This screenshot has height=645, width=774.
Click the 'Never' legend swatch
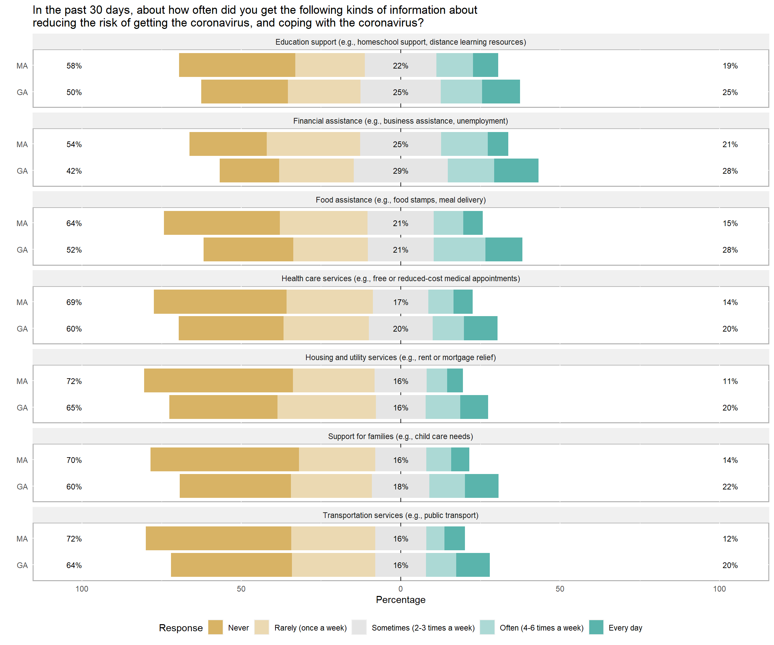tap(215, 627)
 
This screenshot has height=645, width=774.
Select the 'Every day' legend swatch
tap(596, 627)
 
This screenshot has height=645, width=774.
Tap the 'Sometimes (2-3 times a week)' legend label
tap(423, 628)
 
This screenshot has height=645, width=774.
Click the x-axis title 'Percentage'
tap(401, 600)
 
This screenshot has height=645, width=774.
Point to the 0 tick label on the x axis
tap(401, 589)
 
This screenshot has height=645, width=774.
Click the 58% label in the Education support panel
tap(74, 66)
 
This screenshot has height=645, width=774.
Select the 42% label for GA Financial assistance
tap(74, 171)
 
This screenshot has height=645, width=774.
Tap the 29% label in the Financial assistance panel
tap(401, 171)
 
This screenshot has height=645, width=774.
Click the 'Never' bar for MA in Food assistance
tap(222, 223)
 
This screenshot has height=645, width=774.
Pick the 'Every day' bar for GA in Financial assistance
tap(516, 171)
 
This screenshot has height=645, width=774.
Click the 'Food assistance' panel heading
tap(401, 200)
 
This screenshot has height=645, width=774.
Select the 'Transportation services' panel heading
tap(401, 515)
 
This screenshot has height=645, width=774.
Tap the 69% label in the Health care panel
tap(74, 302)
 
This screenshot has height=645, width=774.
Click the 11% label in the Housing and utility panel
tap(730, 381)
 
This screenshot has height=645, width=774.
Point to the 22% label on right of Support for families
tap(730, 486)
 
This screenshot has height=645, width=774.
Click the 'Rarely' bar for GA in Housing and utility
tap(327, 407)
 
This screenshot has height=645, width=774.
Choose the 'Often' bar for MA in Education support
tap(455, 65)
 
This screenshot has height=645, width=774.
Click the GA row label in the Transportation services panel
tap(22, 565)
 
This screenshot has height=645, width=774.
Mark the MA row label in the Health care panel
tap(22, 302)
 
